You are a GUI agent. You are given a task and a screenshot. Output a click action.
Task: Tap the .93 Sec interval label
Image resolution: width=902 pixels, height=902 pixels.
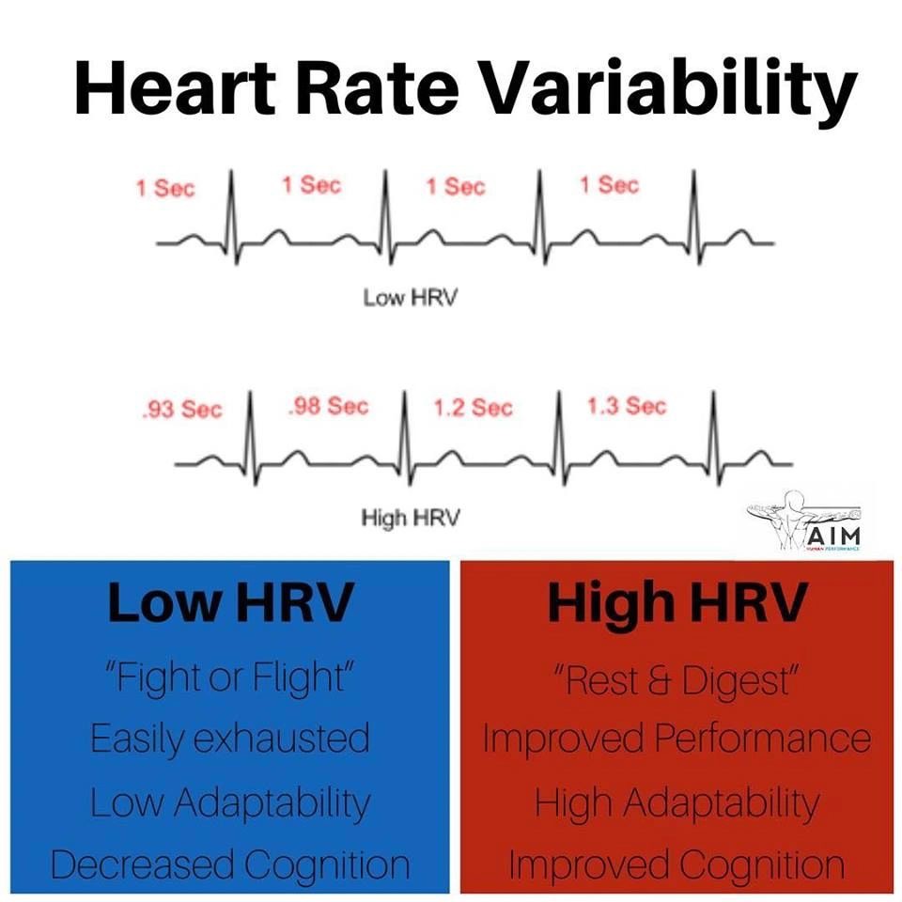[x=182, y=410]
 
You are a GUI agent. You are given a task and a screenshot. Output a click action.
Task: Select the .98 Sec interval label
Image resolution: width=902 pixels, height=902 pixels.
[x=327, y=407]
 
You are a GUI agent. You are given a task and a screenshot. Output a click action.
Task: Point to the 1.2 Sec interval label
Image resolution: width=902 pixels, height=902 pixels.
[x=473, y=408]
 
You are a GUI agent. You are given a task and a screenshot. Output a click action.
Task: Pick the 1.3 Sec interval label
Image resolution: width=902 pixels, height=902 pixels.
[x=627, y=406]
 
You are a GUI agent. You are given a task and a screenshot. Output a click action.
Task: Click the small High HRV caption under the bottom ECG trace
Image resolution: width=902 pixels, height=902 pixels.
[x=411, y=518]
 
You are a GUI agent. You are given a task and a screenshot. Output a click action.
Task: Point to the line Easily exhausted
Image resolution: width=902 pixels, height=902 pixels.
[x=230, y=739]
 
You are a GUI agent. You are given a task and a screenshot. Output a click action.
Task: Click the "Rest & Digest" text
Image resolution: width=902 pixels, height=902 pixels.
[x=676, y=680]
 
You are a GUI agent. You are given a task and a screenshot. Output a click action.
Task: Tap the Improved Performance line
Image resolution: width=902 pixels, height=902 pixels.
[x=676, y=739]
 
